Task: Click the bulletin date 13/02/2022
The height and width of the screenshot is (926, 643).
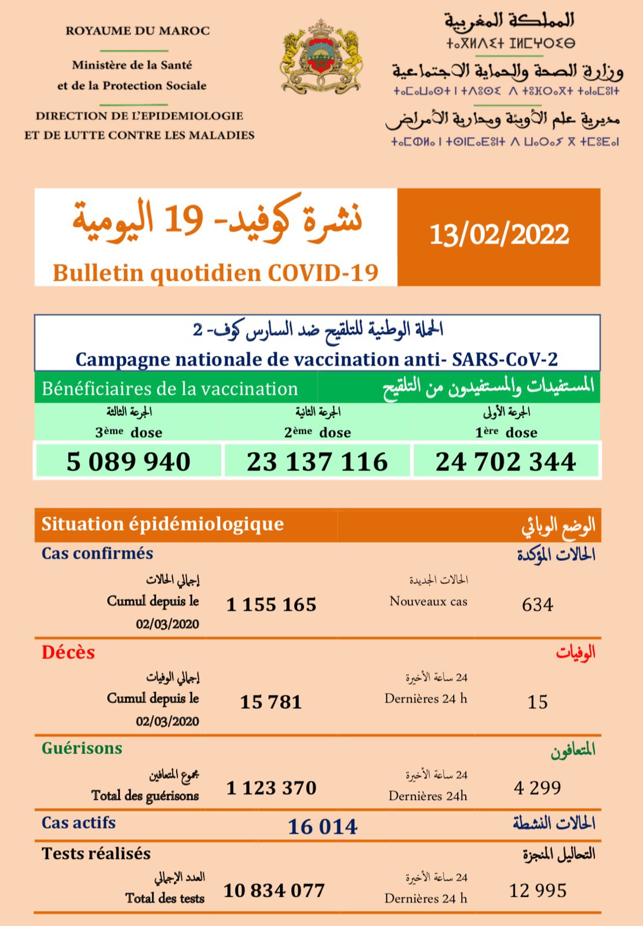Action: point(499,235)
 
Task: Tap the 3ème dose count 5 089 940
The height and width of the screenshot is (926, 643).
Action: point(129,462)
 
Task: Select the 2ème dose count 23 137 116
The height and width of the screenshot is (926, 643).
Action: point(317,462)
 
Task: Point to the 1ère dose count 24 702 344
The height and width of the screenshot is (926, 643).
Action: point(506,462)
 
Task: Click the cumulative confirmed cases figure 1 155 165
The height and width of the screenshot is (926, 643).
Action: point(271,605)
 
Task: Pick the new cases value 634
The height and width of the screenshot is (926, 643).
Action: point(537,605)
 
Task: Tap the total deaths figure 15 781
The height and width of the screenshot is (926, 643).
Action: point(271,702)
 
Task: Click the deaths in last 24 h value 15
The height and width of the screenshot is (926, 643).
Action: point(537,702)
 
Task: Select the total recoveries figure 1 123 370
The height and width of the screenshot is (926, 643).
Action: point(271,788)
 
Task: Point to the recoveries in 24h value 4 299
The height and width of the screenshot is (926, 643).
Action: point(537,788)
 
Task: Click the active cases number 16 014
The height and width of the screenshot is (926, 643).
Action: point(323,826)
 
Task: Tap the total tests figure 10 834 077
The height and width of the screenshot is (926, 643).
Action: point(274,890)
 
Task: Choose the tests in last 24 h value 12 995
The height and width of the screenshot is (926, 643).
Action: point(538,890)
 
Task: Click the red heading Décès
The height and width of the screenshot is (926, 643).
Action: point(68,653)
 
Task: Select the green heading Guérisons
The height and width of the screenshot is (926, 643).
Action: point(82,748)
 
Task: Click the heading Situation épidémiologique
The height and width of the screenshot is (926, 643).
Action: point(162,524)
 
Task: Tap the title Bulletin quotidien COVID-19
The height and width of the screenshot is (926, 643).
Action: point(215,273)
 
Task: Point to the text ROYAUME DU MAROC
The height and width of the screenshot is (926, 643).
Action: point(137,31)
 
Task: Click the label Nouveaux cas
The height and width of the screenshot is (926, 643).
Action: point(428,601)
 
